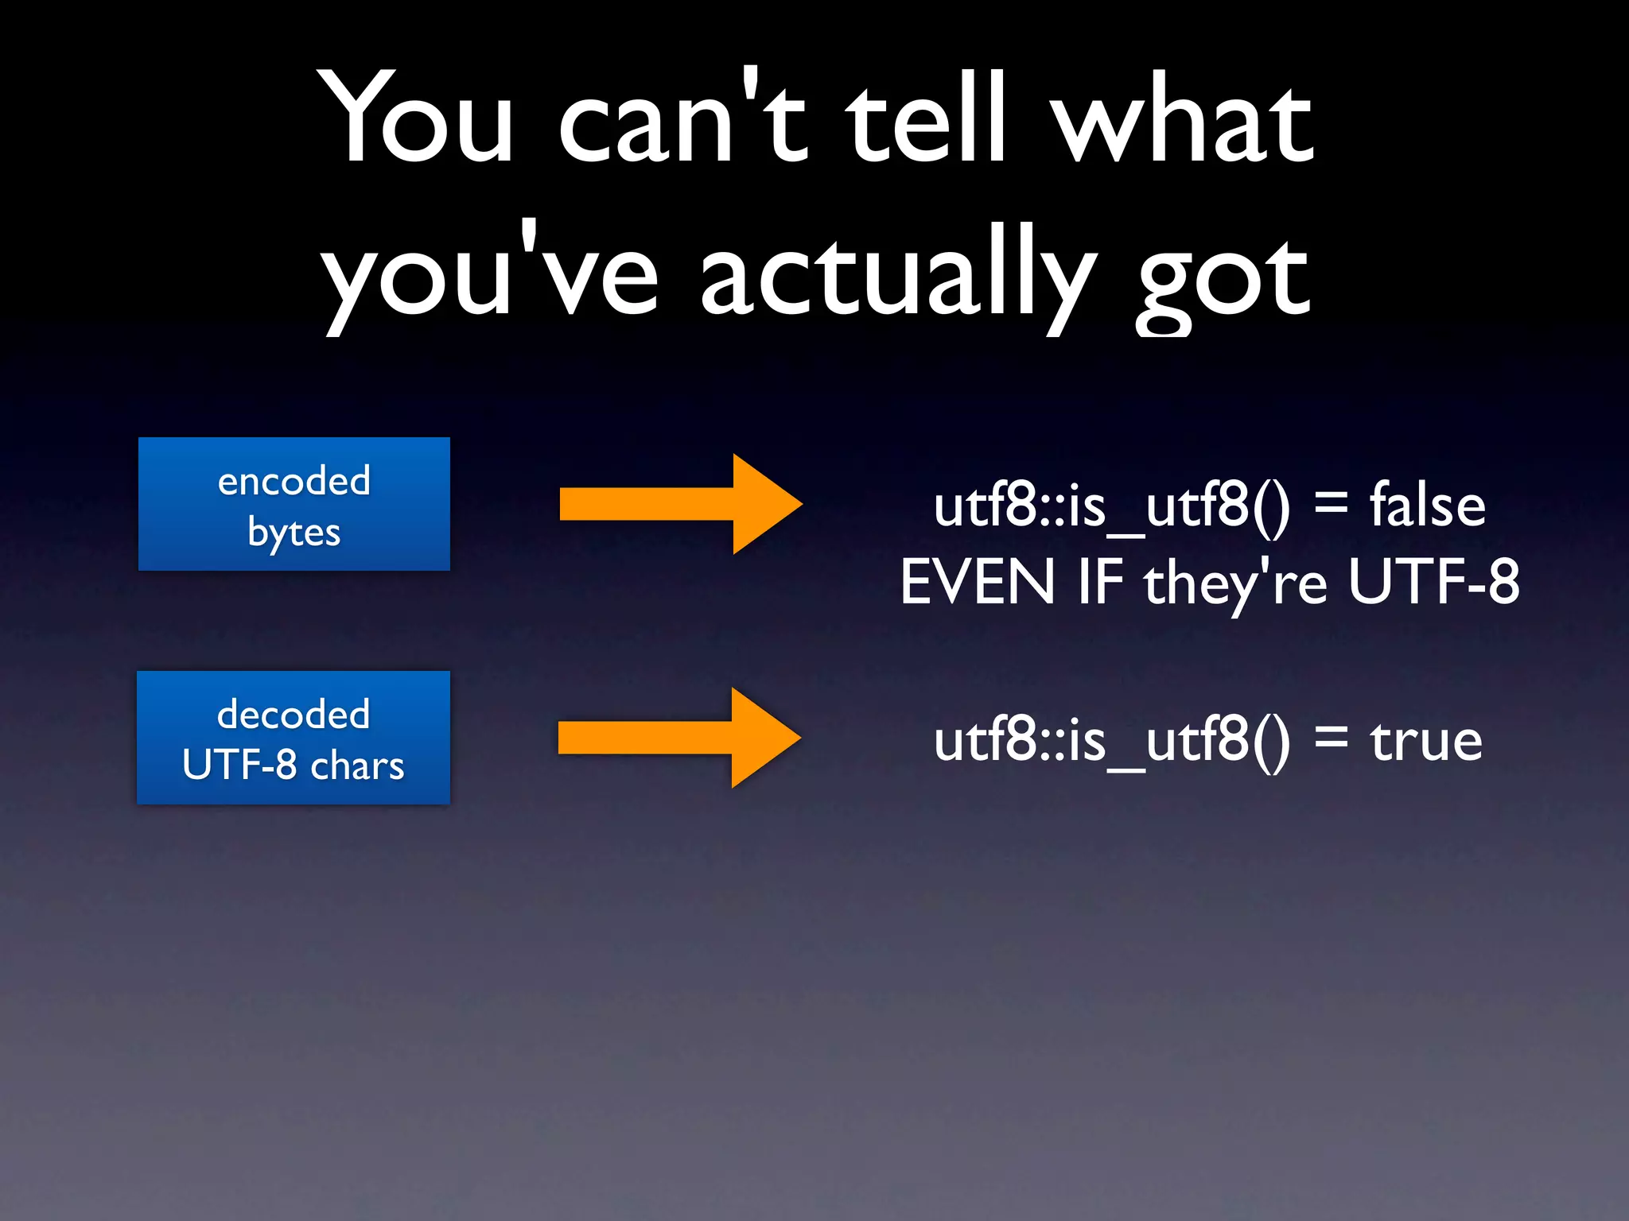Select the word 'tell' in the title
tap(926, 119)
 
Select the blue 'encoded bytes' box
tap(294, 504)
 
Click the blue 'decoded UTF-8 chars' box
tap(294, 738)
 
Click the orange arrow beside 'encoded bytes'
tap(681, 504)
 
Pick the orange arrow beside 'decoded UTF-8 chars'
tap(679, 738)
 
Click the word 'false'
tap(1427, 506)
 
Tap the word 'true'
tap(1425, 741)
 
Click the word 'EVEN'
tap(978, 582)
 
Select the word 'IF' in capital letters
tap(1100, 582)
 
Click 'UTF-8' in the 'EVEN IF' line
tap(1434, 582)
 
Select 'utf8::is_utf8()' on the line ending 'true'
tap(1112, 741)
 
